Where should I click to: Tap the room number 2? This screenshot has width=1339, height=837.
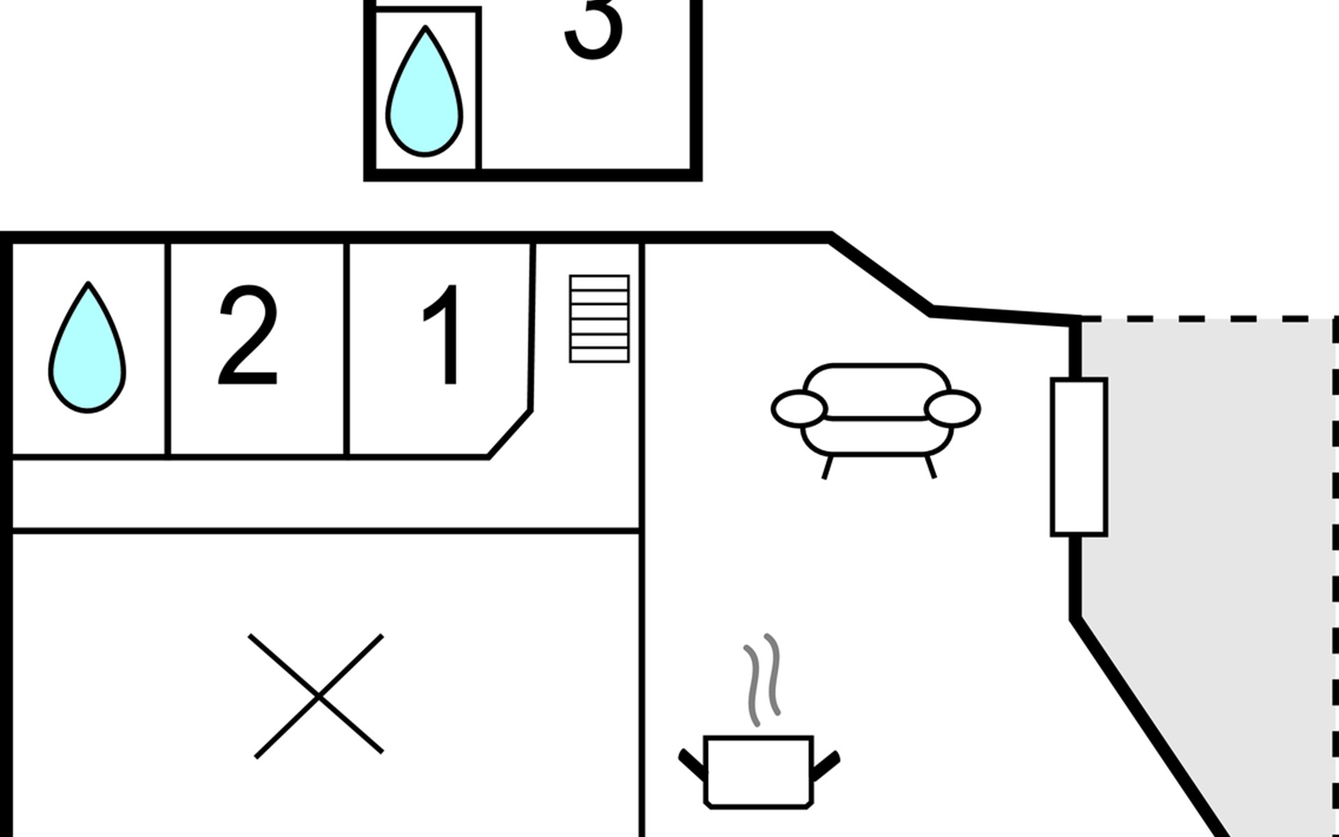point(248,335)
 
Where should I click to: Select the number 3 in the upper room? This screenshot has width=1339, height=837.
point(593,28)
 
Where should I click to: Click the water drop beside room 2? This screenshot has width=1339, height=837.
point(87,347)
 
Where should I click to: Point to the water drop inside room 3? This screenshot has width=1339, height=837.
point(425,91)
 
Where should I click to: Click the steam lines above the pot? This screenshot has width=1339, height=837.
point(762,679)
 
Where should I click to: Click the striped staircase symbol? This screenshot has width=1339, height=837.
point(599,319)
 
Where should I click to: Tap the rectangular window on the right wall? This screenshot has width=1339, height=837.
point(1079,458)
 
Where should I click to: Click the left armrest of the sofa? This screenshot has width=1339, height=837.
point(799,409)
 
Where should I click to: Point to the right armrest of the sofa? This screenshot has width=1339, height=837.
point(953,409)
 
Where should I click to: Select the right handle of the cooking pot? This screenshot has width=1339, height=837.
point(826,765)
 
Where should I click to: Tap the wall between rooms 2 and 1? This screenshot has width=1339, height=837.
point(346,349)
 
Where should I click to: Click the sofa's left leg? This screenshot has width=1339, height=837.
point(828,467)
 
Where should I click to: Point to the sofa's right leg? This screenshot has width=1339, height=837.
point(930,467)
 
